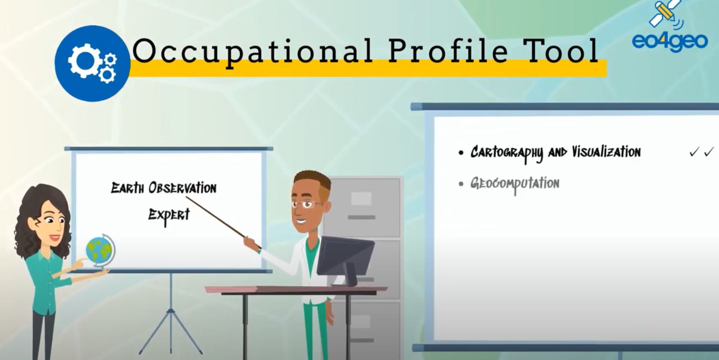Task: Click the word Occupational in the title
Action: click(252, 52)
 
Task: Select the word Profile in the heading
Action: click(448, 52)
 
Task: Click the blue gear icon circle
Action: click(92, 63)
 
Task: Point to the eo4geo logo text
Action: click(670, 42)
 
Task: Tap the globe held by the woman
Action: click(100, 251)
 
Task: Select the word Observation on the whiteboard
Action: click(182, 188)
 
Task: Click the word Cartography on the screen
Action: click(507, 153)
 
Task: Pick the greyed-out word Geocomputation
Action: click(515, 185)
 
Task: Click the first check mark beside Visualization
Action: click(694, 152)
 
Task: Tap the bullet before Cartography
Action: click(461, 153)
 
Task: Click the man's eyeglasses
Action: click(307, 204)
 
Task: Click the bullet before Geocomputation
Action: click(461, 184)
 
